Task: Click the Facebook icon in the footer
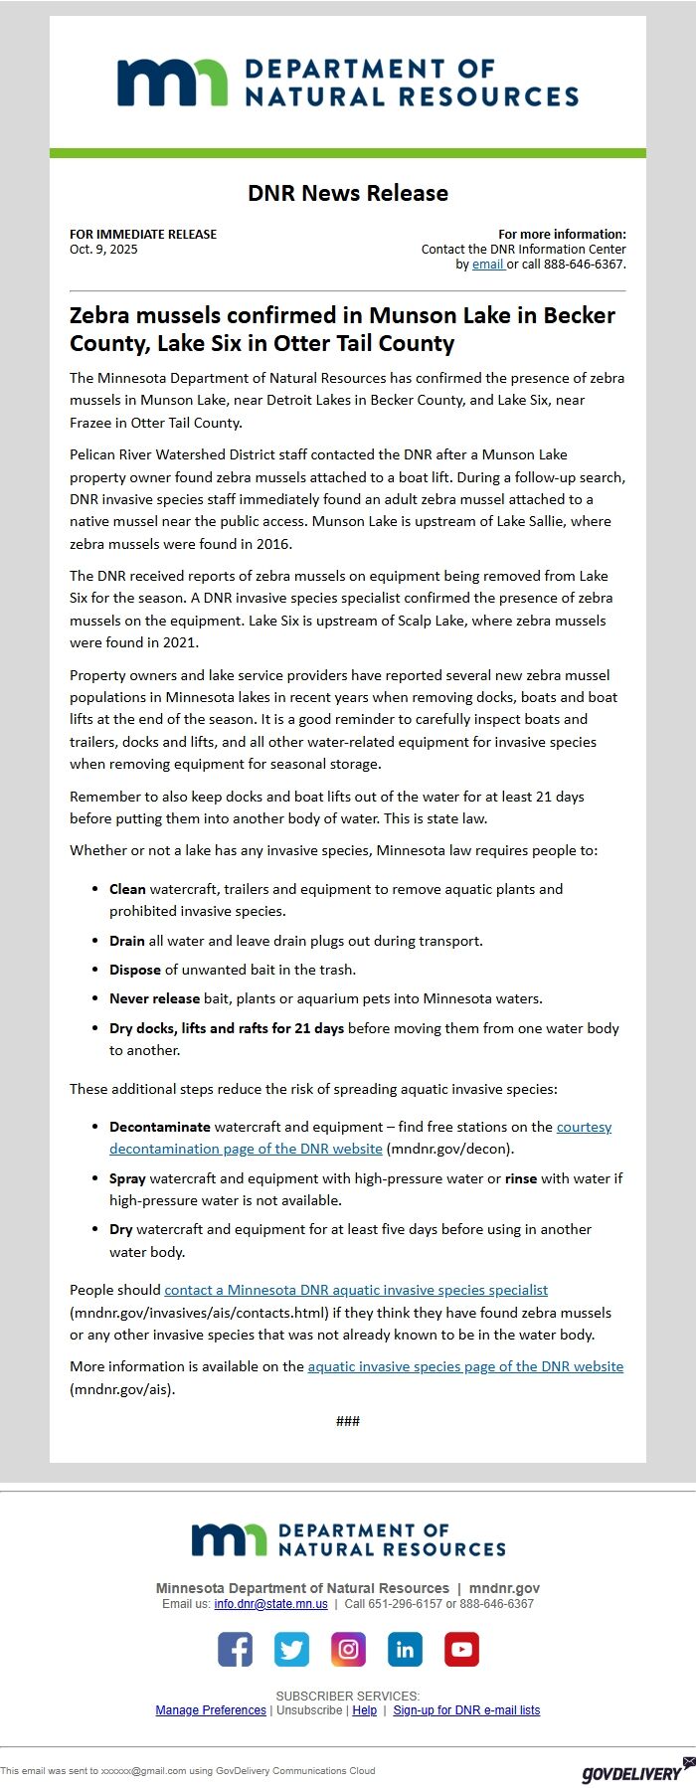[235, 1649]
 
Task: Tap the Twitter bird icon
[291, 1649]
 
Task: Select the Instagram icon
[348, 1649]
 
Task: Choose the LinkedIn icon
[405, 1649]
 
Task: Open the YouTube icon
[461, 1649]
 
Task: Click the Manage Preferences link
[211, 1710]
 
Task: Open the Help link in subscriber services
[365, 1710]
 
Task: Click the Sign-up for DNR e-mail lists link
[466, 1710]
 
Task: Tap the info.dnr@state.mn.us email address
[270, 1604]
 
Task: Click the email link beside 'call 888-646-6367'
[487, 265]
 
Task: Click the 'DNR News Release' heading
[348, 193]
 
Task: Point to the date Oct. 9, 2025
[103, 250]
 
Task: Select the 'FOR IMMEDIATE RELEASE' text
[143, 235]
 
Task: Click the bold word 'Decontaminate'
[160, 1127]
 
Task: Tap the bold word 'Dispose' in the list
[135, 970]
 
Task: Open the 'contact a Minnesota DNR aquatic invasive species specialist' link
[356, 1290]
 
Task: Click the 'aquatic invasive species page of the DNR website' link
[465, 1366]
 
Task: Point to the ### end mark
[348, 1421]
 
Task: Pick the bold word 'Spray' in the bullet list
[128, 1178]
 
